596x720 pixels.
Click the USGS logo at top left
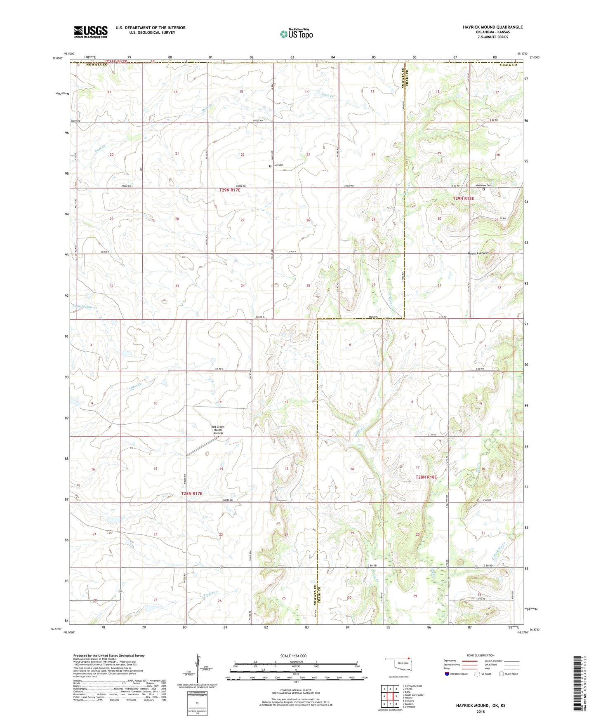90,32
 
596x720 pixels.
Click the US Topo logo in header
296,34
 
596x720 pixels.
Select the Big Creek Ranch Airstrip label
218,430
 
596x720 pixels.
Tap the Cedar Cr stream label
135,384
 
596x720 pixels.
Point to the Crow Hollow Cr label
84,307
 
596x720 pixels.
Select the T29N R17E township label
232,190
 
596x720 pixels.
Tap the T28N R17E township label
192,494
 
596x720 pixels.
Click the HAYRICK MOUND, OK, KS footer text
481,706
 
